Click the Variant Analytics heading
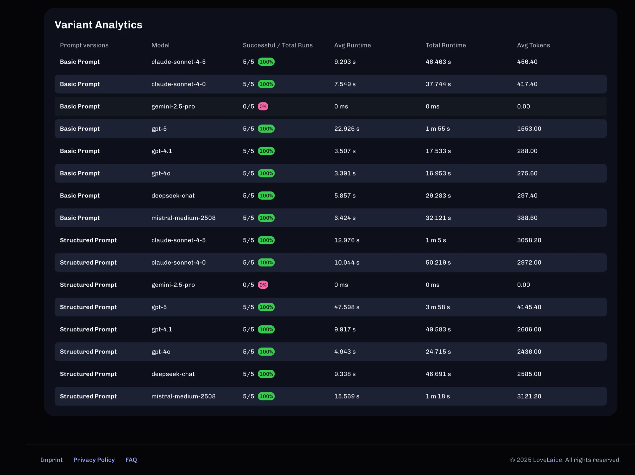98,25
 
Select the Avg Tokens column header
533,45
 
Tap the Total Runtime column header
446,45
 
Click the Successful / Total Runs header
278,45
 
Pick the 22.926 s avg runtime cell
347,129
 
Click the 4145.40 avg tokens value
529,307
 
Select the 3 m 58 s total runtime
438,307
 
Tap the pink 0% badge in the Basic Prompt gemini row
263,107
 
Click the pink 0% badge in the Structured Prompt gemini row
263,285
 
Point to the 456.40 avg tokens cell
527,62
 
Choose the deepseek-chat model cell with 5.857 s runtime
173,196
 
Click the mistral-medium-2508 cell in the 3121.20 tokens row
184,396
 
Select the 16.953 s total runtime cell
438,173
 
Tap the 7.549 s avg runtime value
345,84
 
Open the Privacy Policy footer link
94,460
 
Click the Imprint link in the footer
51,460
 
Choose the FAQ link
131,460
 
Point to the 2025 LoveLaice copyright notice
565,460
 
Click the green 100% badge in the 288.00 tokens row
266,151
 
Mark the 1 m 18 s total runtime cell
438,396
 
